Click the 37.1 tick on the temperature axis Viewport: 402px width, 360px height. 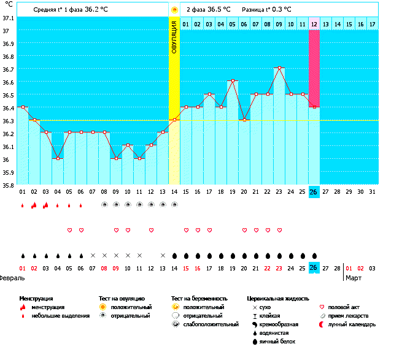point(8,18)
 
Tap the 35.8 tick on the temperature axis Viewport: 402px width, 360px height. point(8,186)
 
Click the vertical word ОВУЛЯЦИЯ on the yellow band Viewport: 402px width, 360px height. point(174,37)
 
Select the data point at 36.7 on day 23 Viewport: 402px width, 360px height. point(279,67)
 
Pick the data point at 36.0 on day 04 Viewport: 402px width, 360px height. point(58,158)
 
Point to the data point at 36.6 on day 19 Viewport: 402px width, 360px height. point(233,81)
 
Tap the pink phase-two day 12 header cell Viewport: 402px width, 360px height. point(314,24)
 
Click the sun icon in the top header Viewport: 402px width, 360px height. point(174,10)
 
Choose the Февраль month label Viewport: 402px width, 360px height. point(10,278)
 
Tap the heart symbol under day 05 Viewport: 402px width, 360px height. point(69,230)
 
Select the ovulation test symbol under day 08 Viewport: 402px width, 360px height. point(104,205)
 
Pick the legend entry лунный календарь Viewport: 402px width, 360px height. point(352,324)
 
